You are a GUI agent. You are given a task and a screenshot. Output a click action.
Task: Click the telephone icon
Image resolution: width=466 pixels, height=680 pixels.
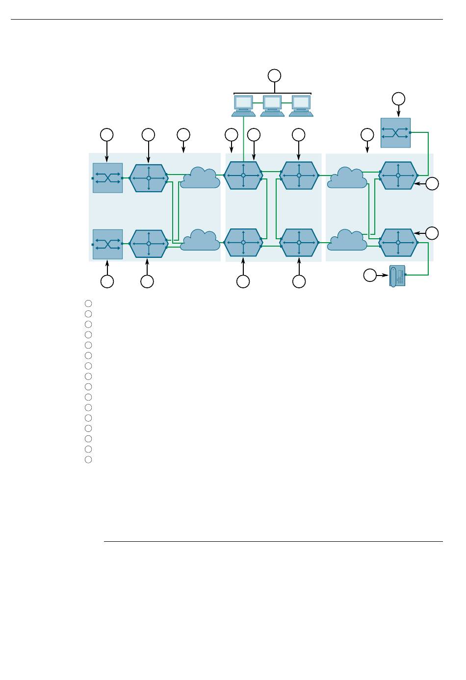coord(397,276)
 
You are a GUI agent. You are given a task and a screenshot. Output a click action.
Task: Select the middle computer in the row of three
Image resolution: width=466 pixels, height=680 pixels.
coord(272,105)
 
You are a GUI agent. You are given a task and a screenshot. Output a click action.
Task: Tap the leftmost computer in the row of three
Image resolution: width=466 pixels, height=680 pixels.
coord(243,105)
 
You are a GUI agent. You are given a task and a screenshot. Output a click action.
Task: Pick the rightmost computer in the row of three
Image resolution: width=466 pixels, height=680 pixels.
coord(301,105)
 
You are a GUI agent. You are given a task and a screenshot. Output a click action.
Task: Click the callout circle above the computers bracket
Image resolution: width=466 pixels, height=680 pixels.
coord(275,76)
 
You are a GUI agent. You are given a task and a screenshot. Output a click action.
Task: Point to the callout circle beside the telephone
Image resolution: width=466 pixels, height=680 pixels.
coord(370,276)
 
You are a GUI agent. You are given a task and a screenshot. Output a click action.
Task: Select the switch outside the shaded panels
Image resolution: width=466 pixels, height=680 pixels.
coord(395,133)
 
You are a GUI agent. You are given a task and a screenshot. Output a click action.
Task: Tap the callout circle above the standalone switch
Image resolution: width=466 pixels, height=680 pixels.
coord(398,99)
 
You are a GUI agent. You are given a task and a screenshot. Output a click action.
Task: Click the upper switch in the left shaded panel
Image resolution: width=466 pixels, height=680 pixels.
coord(107,178)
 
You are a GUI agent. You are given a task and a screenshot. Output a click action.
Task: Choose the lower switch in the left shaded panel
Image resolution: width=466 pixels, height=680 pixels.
coord(107,244)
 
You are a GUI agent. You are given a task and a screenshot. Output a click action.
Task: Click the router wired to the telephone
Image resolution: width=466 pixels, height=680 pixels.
coord(398,243)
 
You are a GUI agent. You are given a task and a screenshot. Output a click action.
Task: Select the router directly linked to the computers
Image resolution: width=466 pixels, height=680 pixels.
coord(243,175)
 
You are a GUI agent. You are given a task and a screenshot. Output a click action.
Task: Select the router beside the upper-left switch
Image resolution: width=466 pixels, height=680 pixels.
coord(149,178)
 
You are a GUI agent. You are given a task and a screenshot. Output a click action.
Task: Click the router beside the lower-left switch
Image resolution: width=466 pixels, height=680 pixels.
coord(149,244)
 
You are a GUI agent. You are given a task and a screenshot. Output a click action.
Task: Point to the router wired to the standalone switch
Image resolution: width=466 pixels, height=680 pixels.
coord(398,175)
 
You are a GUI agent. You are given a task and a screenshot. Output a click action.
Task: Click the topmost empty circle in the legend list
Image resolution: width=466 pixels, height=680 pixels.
coord(88,303)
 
